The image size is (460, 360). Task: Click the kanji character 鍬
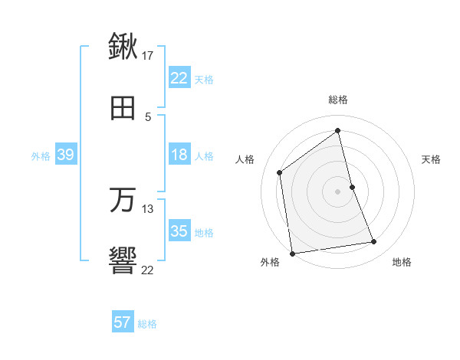[x=123, y=47]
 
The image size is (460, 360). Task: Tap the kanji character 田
[x=123, y=109]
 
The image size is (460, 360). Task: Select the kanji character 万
[x=123, y=201]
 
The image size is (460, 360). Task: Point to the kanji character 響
[x=123, y=262]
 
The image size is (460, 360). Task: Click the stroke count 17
[x=148, y=56]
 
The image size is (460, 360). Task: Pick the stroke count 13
[x=148, y=208]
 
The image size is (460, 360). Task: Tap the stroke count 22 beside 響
[x=148, y=270]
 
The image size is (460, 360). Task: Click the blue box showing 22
[x=179, y=78]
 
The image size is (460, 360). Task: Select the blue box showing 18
[x=179, y=155]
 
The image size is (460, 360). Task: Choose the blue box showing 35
[x=179, y=231]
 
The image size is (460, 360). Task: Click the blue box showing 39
[x=65, y=155]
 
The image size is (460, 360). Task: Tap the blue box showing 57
[x=122, y=322]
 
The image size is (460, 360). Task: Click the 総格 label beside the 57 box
[x=148, y=324]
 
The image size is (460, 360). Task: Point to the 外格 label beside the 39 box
[x=41, y=156]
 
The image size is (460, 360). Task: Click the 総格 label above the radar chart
[x=338, y=100]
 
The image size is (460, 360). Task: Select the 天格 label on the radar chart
[x=432, y=159]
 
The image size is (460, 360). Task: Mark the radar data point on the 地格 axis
[x=374, y=242]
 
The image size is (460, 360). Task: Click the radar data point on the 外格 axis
[x=292, y=253]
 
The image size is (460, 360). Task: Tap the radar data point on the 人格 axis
[x=280, y=172]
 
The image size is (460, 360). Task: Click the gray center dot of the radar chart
[x=338, y=191]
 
